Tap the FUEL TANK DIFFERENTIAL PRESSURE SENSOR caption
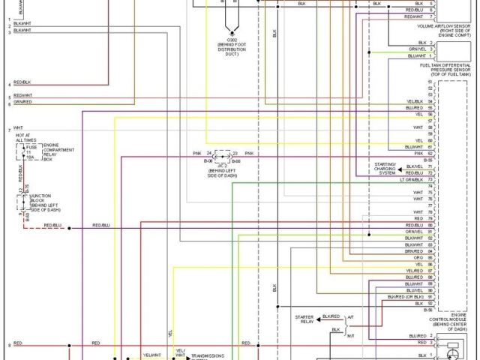(x=448, y=70)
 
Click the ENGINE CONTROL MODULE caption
(x=449, y=321)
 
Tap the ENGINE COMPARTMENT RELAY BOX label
(x=56, y=151)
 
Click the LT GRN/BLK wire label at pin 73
(x=412, y=180)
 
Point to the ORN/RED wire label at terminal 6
(x=22, y=103)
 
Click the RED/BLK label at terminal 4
(x=22, y=82)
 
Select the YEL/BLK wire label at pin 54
(x=415, y=100)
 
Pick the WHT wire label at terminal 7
(x=18, y=128)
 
